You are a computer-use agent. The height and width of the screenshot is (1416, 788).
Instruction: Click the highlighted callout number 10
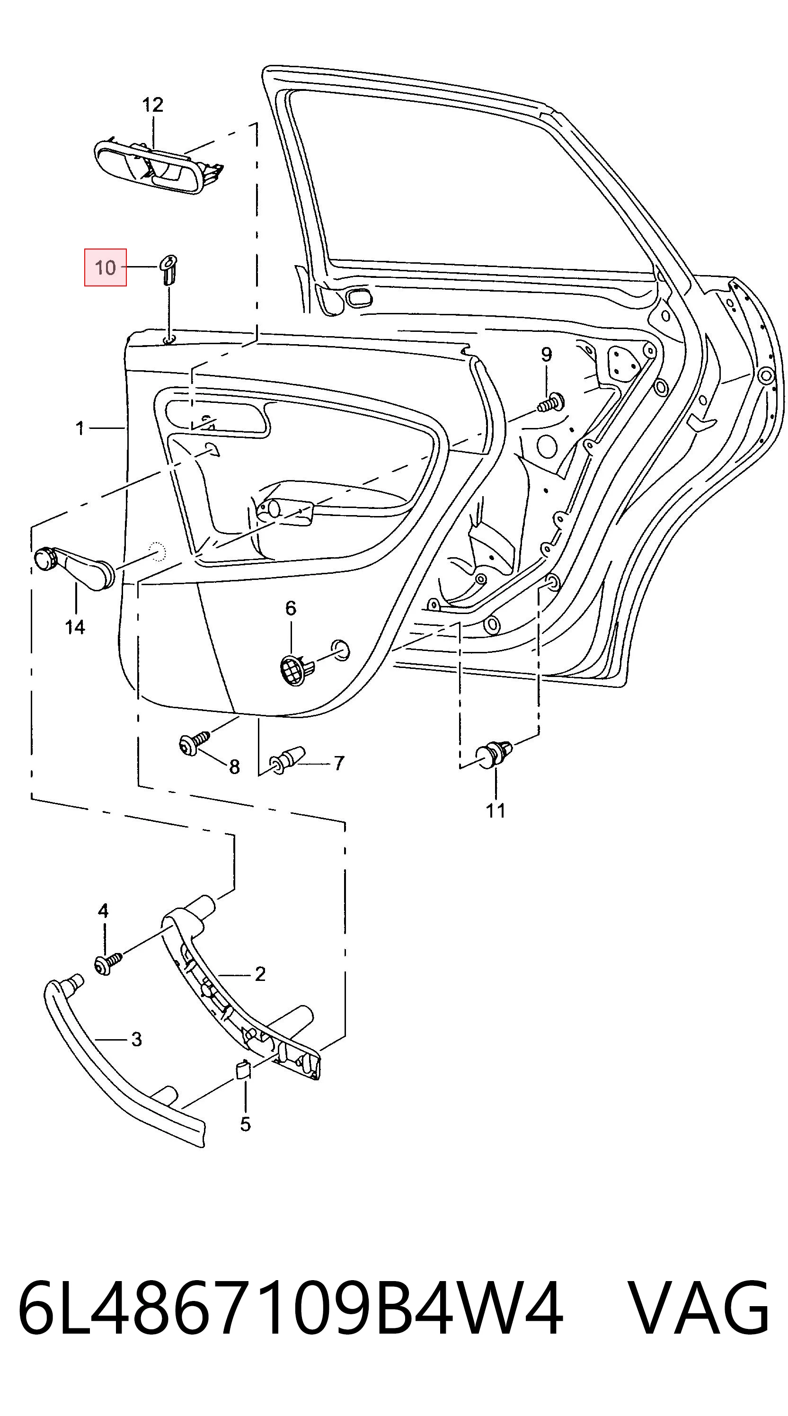105,267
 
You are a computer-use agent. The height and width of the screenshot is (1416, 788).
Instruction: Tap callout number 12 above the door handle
152,105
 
